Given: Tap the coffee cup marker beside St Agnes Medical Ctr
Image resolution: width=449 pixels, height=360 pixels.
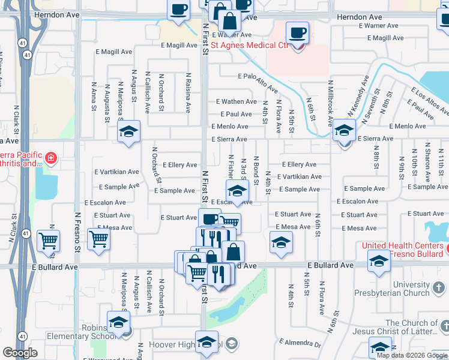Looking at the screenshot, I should click(x=298, y=33).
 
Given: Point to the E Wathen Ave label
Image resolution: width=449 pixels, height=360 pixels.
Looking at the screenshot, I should click(x=237, y=102).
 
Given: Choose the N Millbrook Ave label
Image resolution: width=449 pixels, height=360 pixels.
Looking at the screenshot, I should click(x=330, y=102).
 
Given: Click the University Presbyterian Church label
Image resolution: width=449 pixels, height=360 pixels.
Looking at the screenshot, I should click(x=420, y=289).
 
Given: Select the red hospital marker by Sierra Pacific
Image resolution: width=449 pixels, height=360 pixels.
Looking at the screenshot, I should click(x=51, y=158).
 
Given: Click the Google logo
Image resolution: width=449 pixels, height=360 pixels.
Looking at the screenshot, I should click(x=20, y=353).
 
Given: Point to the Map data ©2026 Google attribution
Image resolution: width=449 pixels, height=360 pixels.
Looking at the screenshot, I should click(x=412, y=355).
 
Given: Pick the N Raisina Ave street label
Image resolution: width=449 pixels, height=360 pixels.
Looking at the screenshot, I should click(x=188, y=92).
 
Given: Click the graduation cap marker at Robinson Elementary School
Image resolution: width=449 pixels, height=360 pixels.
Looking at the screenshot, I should click(x=118, y=322).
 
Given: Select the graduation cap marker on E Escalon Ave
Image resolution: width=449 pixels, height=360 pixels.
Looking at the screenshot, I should click(x=237, y=191).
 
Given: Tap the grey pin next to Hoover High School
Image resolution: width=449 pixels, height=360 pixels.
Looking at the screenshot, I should click(x=232, y=344).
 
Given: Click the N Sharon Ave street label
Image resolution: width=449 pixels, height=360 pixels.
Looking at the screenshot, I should click(x=427, y=162).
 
